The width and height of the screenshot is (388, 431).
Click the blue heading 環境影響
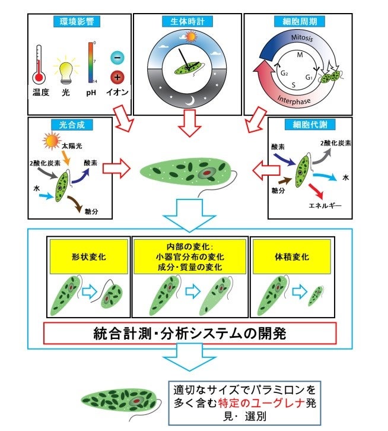pyautogui.click(x=79, y=23)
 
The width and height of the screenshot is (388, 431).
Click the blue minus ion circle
pyautogui.click(x=117, y=58)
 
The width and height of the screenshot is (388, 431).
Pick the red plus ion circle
pyautogui.click(x=117, y=77)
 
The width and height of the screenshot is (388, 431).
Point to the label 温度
pyautogui.click(x=40, y=93)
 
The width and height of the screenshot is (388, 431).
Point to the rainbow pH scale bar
pyautogui.click(x=91, y=62)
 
